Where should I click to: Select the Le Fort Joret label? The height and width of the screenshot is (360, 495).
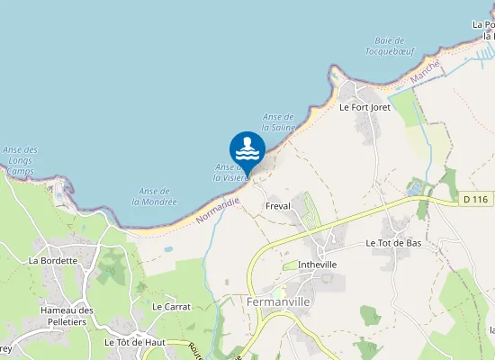pyautogui.click(x=364, y=106)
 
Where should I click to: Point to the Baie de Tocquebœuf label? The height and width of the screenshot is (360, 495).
pyautogui.click(x=389, y=46)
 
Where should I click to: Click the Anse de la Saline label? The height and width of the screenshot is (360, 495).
pyautogui.click(x=279, y=122)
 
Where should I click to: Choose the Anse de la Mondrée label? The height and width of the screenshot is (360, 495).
pyautogui.click(x=154, y=195)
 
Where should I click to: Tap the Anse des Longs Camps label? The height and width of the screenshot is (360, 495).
pyautogui.click(x=20, y=159)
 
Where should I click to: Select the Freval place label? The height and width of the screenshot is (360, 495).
pyautogui.click(x=278, y=206)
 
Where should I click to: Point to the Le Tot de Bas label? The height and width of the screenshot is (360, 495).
pyautogui.click(x=393, y=243)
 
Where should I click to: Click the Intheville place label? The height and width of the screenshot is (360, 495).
pyautogui.click(x=317, y=265)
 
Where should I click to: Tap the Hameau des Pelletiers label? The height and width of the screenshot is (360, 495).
pyautogui.click(x=67, y=316)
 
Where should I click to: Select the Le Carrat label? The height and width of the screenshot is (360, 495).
pyautogui.click(x=171, y=306)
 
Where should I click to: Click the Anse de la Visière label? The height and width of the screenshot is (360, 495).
pyautogui.click(x=229, y=172)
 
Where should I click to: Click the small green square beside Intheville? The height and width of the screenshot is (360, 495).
pyautogui.click(x=290, y=265)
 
